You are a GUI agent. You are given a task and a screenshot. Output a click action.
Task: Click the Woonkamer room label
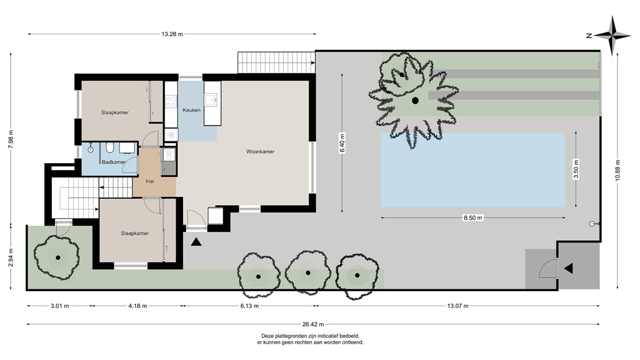click(x=260, y=151)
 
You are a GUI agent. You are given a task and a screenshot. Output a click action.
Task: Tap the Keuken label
click(x=191, y=111)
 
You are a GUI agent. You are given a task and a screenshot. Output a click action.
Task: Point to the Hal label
click(x=149, y=181)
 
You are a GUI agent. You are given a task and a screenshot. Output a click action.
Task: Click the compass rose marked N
click(x=612, y=36)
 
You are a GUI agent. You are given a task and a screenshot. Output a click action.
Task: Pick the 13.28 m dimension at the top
click(x=172, y=34)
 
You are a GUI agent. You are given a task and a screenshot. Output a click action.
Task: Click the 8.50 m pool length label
click(x=473, y=218)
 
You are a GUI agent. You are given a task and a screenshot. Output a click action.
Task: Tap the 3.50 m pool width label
click(x=576, y=170)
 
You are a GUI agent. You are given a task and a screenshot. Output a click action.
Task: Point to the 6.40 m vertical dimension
click(x=342, y=143)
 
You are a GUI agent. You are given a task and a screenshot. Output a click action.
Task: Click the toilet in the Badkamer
click(x=110, y=148)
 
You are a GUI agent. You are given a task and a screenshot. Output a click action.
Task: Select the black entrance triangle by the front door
click(x=197, y=242)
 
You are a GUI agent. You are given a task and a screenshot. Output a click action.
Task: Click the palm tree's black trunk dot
click(x=414, y=101)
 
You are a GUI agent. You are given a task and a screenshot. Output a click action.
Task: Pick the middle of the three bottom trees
click(x=307, y=272)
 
